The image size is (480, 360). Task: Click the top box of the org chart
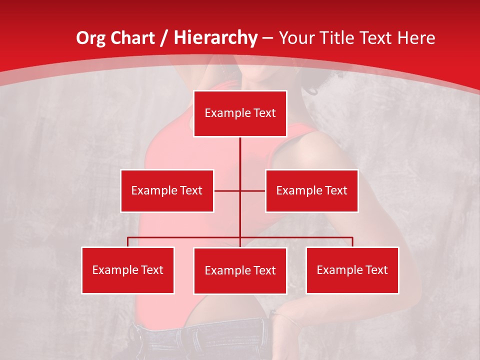pos(240,113)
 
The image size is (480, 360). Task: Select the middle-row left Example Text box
pos(166,190)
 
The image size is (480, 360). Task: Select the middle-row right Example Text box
pos(311,190)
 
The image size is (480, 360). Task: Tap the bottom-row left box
pos(128,270)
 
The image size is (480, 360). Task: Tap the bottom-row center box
pos(240,270)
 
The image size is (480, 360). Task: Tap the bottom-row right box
pos(352,270)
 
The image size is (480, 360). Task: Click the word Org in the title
pos(90,38)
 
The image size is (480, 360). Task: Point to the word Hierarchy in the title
pos(215,38)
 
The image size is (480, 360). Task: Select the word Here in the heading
pos(416,38)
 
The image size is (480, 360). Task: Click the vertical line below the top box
pos(240,155)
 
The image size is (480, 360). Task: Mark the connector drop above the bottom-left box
pos(128,242)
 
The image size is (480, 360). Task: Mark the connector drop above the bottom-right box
pos(352,242)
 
